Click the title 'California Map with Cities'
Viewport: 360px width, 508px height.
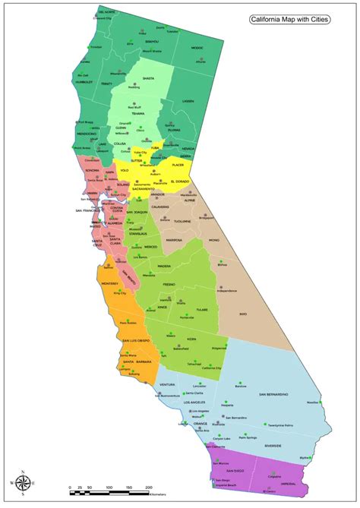click(290, 21)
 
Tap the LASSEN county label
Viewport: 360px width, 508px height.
click(188, 100)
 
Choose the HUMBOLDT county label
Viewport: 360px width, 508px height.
click(83, 82)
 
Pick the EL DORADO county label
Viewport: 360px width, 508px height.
click(180, 181)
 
